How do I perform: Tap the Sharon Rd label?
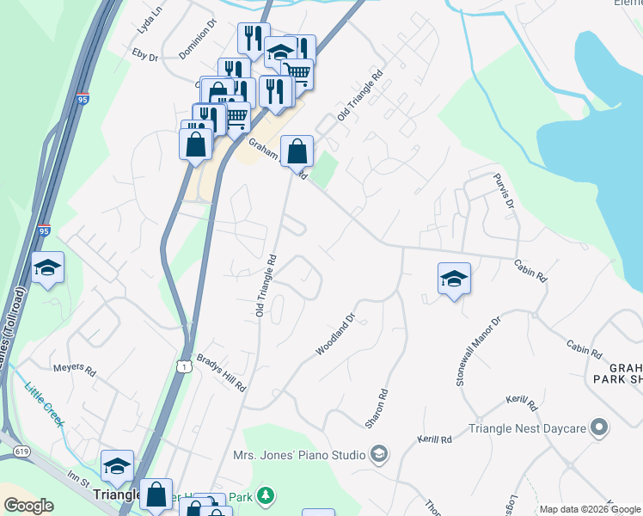[377, 408]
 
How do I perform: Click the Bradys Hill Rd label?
[222, 372]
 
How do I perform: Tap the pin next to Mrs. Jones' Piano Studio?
[379, 453]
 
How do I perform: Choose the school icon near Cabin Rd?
[454, 278]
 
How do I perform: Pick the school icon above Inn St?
[117, 465]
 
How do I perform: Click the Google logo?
[29, 506]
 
